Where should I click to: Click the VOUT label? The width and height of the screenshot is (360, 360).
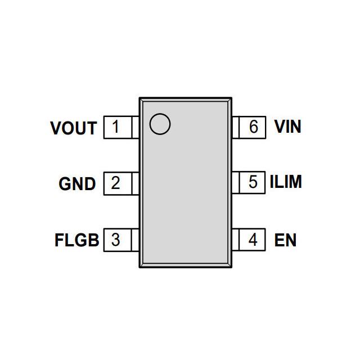pos(74,128)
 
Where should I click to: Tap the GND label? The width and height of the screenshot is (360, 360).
pos(77,184)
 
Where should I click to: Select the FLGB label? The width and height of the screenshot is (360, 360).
pos(76,240)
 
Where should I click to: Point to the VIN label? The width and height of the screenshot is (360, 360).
pos(287,127)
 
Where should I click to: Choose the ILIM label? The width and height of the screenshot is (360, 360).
pos(286,182)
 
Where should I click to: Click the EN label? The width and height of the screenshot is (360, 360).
pos(285,240)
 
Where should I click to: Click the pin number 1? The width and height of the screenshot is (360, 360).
pos(115,127)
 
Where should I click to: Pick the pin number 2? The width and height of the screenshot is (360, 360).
pos(115,183)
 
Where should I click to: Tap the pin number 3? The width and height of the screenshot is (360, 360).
pos(115,240)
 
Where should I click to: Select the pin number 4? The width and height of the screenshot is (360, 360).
pos(253,240)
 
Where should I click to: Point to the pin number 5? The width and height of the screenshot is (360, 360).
pos(253,183)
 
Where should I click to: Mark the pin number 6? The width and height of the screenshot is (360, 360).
pos(253,127)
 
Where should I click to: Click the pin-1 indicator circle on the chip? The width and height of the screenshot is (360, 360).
pos(160,124)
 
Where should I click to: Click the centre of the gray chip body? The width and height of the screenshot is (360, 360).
pos(186,183)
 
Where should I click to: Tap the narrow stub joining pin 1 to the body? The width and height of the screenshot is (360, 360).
pos(135,127)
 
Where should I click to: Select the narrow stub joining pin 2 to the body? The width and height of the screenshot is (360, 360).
pos(135,183)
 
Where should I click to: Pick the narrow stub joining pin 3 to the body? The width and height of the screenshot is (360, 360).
pos(135,240)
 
